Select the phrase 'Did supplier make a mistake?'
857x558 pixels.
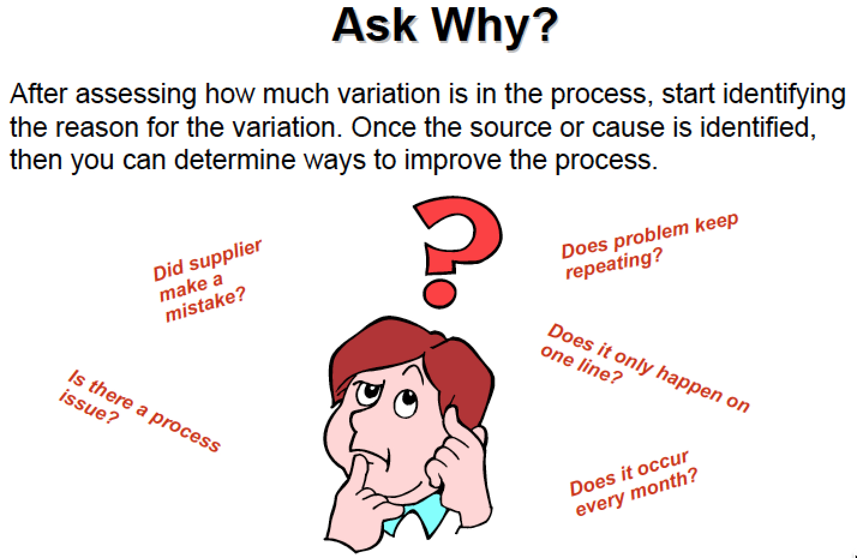[206, 281]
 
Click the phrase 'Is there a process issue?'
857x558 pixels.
[140, 411]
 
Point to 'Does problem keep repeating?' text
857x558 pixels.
[649, 246]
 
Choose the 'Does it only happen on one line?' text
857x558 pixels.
[645, 368]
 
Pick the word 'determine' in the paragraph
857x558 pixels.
[235, 160]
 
